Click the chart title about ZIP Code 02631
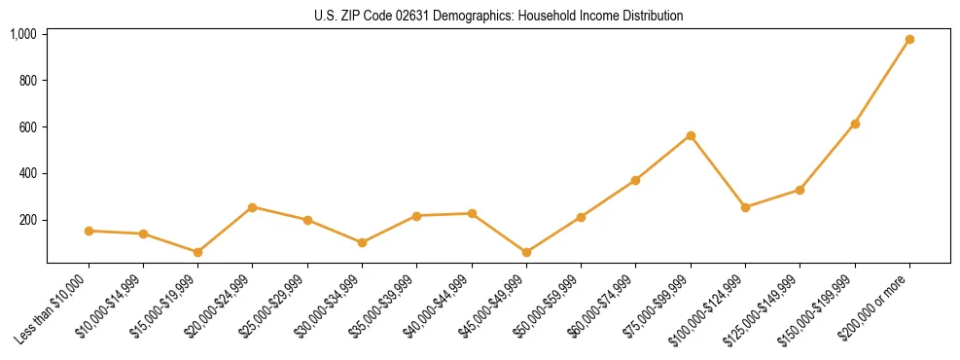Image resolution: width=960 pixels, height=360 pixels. (498, 16)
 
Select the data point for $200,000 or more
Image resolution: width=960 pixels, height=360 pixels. (909, 40)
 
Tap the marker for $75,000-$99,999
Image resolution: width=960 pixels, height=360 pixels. (691, 135)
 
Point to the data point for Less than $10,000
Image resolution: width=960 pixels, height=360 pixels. (89, 231)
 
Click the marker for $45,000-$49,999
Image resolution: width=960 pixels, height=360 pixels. (526, 252)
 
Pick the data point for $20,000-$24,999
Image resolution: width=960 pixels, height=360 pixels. (253, 207)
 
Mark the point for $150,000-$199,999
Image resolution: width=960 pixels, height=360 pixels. (855, 124)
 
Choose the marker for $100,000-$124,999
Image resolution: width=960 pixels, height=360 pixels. (745, 207)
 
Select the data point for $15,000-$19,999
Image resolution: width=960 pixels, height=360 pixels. (198, 252)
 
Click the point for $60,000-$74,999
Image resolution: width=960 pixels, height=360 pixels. (636, 180)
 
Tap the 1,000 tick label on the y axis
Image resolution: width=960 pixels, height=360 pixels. (23, 34)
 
